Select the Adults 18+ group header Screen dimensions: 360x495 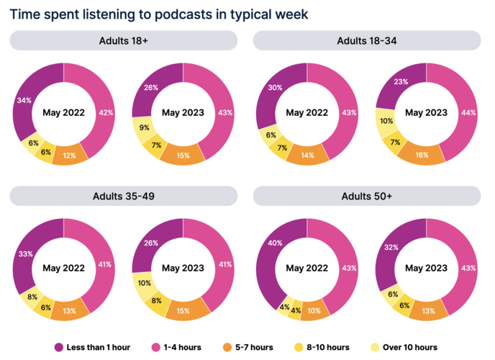click(123, 41)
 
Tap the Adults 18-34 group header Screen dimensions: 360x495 click(367, 41)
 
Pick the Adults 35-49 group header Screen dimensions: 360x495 click(123, 196)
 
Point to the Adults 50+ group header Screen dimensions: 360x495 click(367, 196)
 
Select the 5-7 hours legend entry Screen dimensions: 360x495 click(248, 347)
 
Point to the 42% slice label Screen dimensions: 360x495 click(105, 112)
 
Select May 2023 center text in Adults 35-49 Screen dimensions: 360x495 click(183, 268)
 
